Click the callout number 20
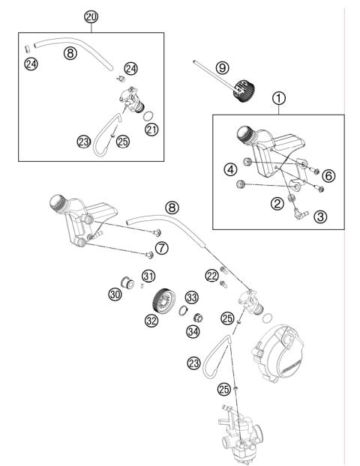pyautogui.click(x=91, y=16)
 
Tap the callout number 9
pyautogui.click(x=221, y=67)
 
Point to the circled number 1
pyautogui.click(x=279, y=97)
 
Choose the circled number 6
pyautogui.click(x=328, y=175)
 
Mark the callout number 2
pyautogui.click(x=277, y=202)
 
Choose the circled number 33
pyautogui.click(x=192, y=296)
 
